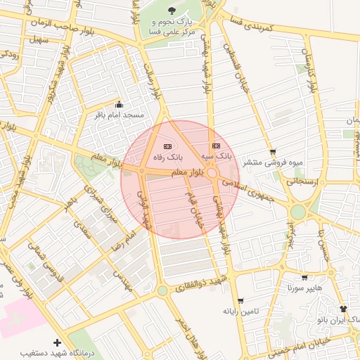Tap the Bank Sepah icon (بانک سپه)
(x=216, y=146)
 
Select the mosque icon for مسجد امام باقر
(x=118, y=105)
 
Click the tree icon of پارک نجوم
(x=173, y=10)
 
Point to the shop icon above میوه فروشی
(x=273, y=152)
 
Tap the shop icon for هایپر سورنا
(x=304, y=278)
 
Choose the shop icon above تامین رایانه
(x=241, y=300)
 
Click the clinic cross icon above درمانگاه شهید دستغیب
(x=56, y=342)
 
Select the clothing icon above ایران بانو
(x=342, y=309)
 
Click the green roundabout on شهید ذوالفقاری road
(x=162, y=290)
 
